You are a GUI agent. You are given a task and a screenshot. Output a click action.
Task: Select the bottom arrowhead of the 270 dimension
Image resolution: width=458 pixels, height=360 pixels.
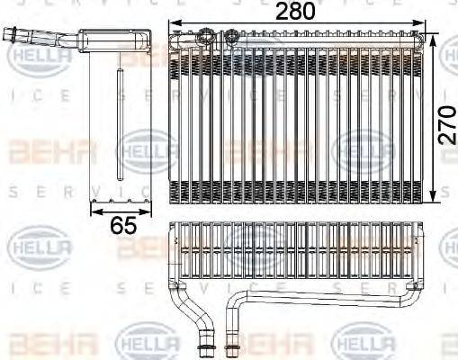pos(436,199)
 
